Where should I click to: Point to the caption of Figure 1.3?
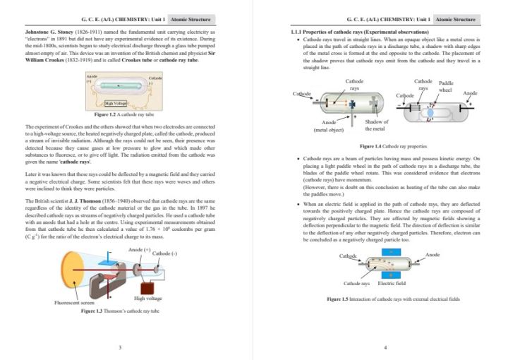pyautogui.click(x=121, y=311)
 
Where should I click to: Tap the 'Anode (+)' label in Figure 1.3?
pyautogui.click(x=140, y=250)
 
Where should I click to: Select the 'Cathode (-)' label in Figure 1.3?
pyautogui.click(x=165, y=253)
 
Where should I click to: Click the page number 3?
pyautogui.click(x=121, y=347)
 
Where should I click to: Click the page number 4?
pyautogui.click(x=385, y=347)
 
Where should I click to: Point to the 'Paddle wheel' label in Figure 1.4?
pyautogui.click(x=446, y=86)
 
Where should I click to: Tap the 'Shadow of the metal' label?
pyautogui.click(x=376, y=125)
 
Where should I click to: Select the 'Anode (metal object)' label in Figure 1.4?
pyautogui.click(x=329, y=126)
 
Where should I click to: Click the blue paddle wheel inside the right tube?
pyautogui.click(x=431, y=109)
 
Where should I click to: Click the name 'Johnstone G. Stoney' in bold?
pyautogui.click(x=49, y=32)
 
